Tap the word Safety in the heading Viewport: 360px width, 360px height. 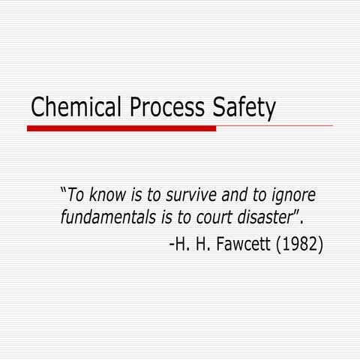pyautogui.click(x=241, y=107)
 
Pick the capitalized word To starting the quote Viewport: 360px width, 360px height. pyautogui.click(x=76, y=196)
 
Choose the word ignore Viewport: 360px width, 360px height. pyautogui.click(x=293, y=197)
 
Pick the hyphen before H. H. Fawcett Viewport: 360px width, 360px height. pyautogui.click(x=172, y=246)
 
